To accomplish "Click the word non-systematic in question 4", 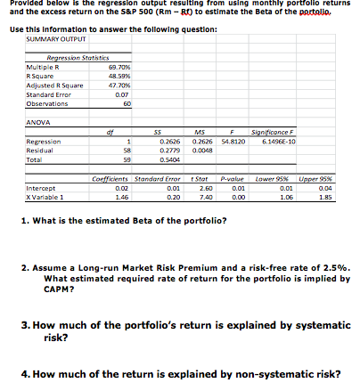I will click(x=262, y=372).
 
